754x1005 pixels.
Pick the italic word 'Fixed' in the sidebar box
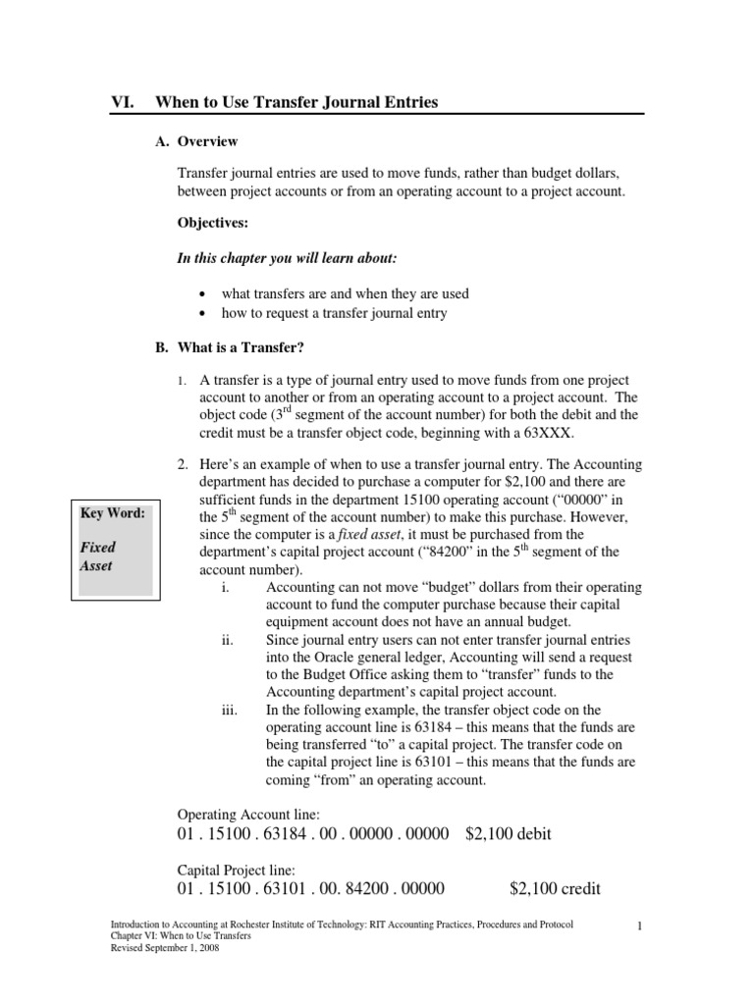(x=97, y=547)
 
